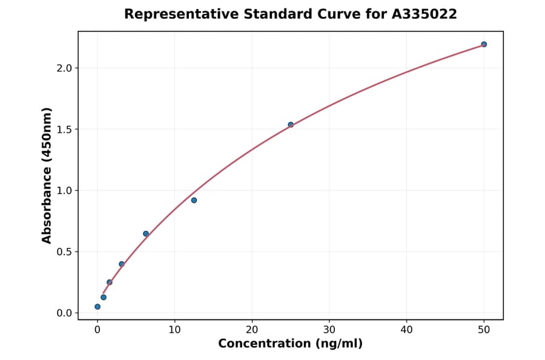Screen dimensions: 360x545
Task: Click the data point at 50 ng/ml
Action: point(484,44)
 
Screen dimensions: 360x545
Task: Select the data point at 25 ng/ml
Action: point(291,125)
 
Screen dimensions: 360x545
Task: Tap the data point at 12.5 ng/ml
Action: point(194,200)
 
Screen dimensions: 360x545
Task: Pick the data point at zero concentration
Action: point(97,307)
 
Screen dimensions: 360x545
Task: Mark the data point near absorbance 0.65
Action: point(146,233)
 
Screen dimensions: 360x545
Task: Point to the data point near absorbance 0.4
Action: point(122,264)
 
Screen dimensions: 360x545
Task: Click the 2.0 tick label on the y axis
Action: point(64,68)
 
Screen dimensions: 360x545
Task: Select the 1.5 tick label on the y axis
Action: point(64,129)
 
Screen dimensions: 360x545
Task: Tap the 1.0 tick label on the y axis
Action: point(64,190)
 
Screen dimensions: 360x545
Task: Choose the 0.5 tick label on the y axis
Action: point(64,252)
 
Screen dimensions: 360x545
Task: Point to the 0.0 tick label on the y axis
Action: point(64,313)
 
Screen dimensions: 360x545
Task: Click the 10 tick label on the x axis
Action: point(174,330)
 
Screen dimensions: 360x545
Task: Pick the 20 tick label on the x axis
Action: point(252,330)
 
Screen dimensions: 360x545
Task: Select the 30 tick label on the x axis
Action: point(329,330)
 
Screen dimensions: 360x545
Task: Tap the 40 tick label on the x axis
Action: point(406,330)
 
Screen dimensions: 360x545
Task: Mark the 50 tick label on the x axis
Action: point(484,330)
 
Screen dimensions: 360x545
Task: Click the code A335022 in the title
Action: point(424,14)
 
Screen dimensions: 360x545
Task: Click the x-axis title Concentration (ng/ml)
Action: point(291,344)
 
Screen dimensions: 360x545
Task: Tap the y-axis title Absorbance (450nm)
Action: point(47,175)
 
